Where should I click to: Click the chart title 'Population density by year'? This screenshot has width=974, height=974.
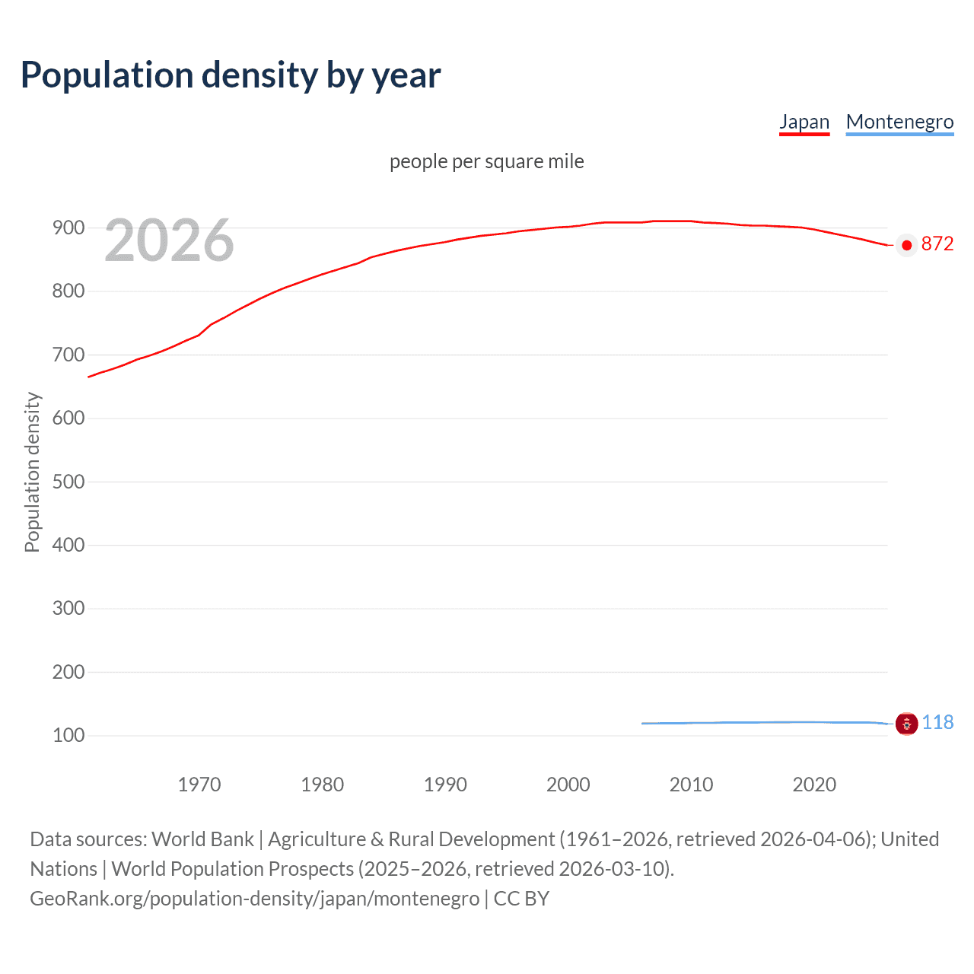[231, 75]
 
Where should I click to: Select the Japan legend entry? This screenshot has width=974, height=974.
[804, 122]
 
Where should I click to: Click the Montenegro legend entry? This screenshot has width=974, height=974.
[899, 122]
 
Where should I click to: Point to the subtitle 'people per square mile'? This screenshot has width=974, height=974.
[486, 161]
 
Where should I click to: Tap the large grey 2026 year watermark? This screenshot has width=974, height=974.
[169, 240]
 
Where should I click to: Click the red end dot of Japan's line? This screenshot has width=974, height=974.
[906, 245]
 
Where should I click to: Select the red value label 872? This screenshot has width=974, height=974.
[937, 243]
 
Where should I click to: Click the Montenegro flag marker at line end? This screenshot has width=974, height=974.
[906, 724]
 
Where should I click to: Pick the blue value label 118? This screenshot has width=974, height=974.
[937, 722]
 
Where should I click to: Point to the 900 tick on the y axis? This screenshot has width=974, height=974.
[68, 228]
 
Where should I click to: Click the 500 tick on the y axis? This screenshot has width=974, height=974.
[68, 482]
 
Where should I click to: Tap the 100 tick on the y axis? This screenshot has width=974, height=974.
[68, 736]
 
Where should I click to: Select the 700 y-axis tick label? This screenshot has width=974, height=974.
[68, 355]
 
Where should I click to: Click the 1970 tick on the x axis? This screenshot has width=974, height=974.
[199, 785]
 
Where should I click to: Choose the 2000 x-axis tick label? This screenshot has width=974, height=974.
[568, 785]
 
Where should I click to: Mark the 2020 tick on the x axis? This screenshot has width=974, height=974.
[814, 785]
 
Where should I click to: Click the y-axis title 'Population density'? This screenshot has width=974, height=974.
[32, 472]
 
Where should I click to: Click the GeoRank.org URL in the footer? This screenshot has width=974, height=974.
[254, 899]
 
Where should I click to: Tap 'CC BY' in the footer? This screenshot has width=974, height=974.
[521, 899]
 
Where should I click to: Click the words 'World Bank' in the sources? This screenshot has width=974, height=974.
[202, 839]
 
